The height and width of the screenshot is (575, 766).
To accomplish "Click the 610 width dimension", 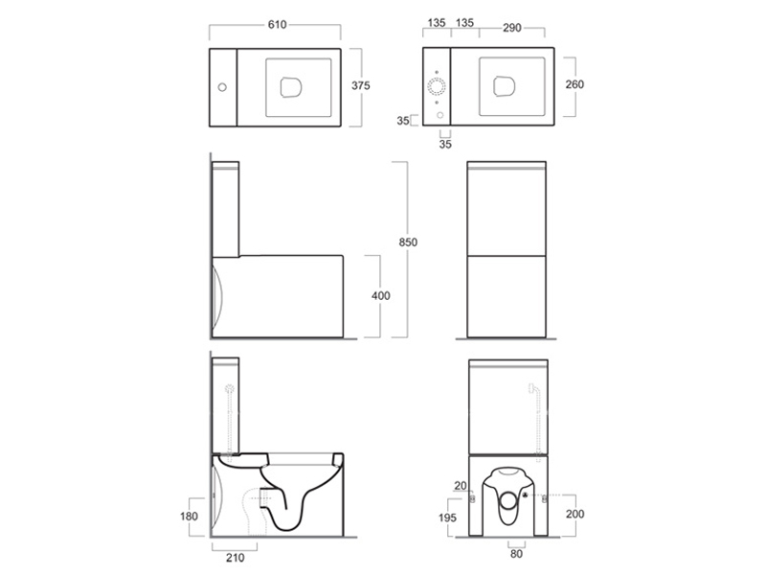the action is click(x=277, y=25).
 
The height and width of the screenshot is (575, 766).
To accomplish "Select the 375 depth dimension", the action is click(x=361, y=85).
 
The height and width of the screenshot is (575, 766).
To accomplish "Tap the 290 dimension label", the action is click(x=512, y=28).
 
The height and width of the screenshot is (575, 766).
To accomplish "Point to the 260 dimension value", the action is click(x=574, y=84).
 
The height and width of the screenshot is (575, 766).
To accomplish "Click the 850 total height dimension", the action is click(x=408, y=242).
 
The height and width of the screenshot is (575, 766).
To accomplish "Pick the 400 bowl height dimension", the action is click(x=380, y=295).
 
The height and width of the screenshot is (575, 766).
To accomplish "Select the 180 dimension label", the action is click(x=189, y=516).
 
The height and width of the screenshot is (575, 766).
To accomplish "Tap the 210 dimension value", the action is click(x=235, y=558).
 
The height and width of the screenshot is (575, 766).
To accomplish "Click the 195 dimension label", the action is click(x=447, y=517).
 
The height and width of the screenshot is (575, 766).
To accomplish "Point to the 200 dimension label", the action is click(x=575, y=514).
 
